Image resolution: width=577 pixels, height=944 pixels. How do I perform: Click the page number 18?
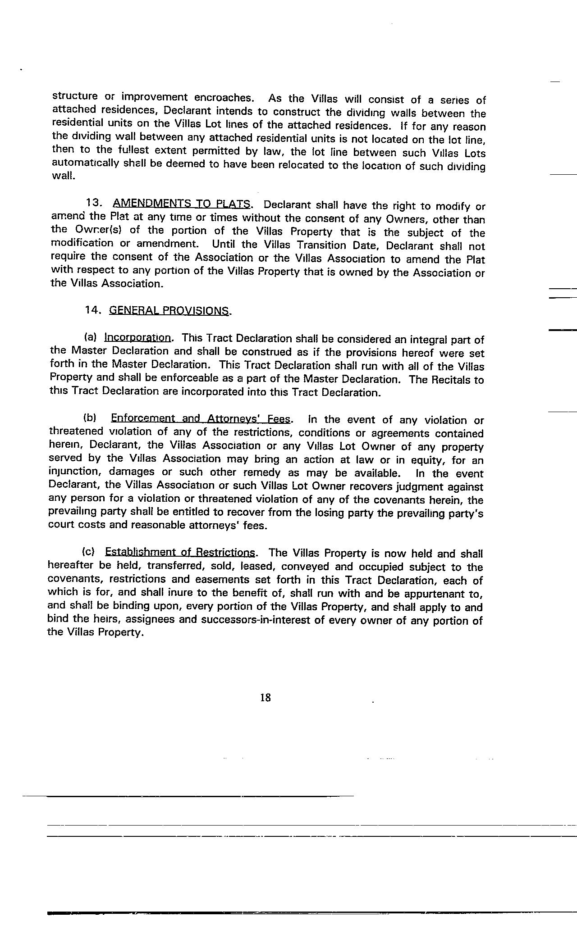click(266, 698)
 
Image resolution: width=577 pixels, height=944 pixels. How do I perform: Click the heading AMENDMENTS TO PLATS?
click(182, 204)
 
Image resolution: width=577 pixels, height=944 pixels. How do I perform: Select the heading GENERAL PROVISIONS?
click(169, 311)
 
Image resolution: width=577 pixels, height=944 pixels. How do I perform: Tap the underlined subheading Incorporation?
click(137, 337)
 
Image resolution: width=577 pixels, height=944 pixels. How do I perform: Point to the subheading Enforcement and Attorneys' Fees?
click(201, 418)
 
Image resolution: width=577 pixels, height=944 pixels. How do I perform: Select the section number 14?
click(94, 310)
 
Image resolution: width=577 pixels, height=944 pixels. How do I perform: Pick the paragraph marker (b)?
click(90, 418)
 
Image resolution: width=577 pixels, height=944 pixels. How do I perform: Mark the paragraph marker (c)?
click(88, 552)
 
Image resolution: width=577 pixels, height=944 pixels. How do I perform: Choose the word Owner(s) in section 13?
click(96, 230)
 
